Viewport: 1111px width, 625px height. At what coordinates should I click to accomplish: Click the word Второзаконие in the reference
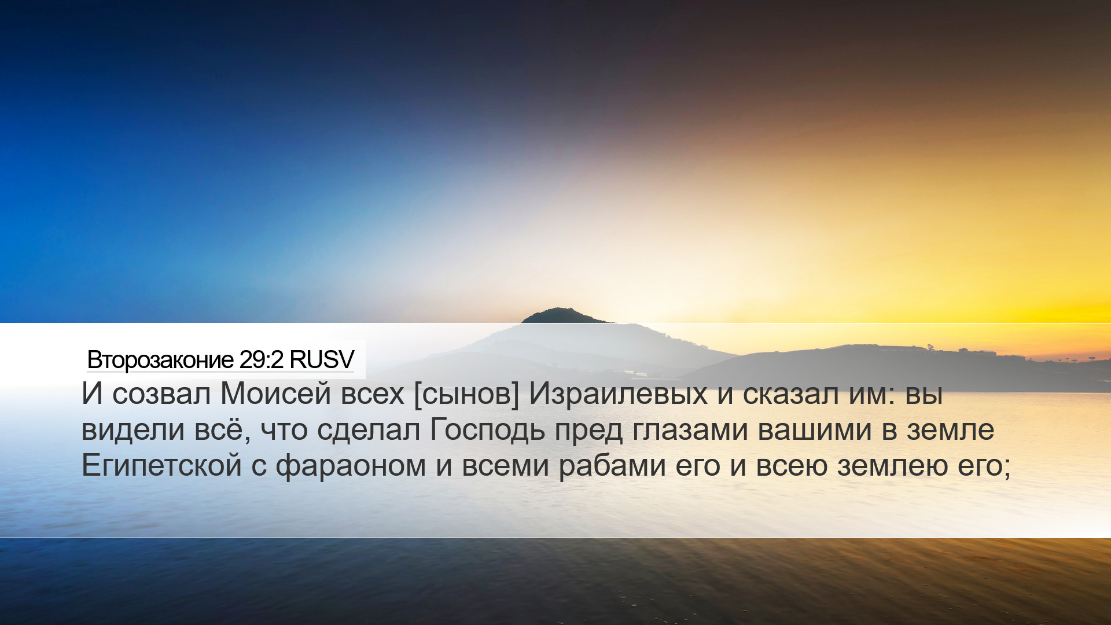pyautogui.click(x=160, y=360)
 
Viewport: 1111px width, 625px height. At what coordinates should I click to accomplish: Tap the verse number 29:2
pyautogui.click(x=262, y=360)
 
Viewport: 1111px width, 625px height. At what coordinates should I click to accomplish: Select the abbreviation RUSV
pyautogui.click(x=322, y=360)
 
